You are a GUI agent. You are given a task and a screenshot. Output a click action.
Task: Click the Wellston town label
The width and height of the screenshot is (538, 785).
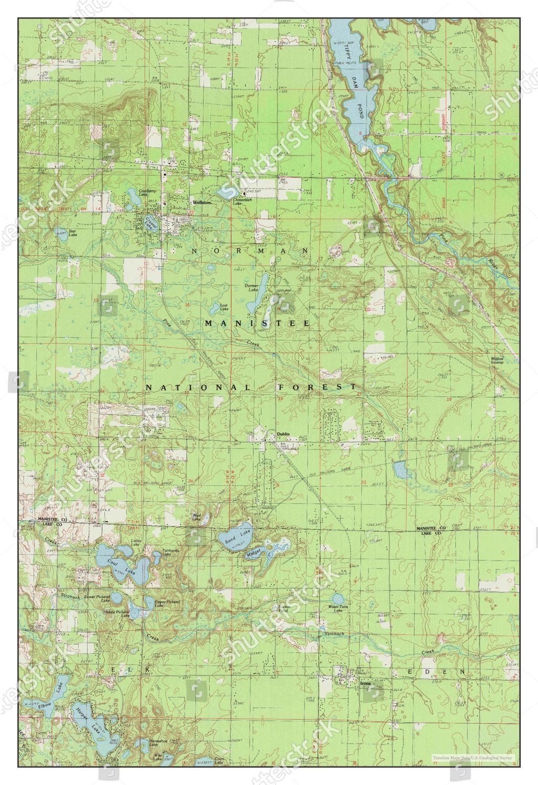click(201, 202)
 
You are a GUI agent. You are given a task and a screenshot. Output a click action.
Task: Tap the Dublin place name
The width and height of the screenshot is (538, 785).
click(283, 434)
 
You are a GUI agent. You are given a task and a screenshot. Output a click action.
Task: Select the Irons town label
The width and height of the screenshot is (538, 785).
click(365, 683)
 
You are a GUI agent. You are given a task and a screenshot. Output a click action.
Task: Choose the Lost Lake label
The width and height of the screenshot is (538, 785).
click(224, 307)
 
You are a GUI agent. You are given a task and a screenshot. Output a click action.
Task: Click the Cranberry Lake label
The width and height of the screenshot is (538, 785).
click(147, 193)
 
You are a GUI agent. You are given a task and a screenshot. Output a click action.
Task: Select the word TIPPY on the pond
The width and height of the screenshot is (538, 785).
click(346, 53)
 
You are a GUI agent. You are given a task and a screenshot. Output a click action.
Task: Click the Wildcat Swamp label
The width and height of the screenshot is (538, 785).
click(497, 361)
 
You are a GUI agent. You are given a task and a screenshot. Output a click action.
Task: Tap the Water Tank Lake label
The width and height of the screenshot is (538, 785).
click(335, 609)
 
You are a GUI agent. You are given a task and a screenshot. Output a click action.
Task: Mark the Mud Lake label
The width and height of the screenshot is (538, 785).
click(196, 516)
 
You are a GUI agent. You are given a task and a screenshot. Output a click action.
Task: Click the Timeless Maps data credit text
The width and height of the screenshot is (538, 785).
click(472, 757)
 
